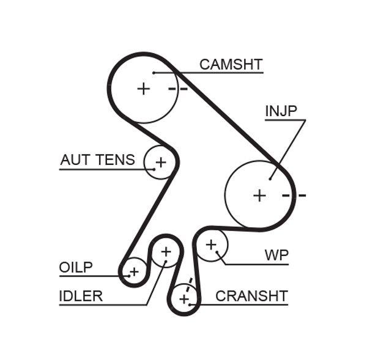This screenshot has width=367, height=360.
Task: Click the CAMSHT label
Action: pos(231,64)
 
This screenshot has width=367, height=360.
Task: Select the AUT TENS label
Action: pos(97,160)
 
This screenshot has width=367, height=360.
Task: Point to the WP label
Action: pos(276,254)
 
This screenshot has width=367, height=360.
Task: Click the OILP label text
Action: pos(76,268)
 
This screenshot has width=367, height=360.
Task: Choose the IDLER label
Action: pos(81,296)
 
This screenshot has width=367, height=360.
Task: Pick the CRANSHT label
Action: pos(251,296)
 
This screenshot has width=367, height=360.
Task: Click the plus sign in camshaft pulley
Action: pos(143,89)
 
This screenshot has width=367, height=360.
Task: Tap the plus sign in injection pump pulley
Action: pos(260,196)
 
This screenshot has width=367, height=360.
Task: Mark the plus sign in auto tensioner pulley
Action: pos(160,163)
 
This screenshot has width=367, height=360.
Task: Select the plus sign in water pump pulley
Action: pos(211,245)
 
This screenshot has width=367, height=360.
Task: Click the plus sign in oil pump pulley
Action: pos(134,271)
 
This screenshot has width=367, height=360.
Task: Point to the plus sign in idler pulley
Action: pos(166,251)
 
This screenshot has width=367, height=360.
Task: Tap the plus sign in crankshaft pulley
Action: pos(184,299)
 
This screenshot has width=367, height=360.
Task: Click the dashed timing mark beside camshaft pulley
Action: pos(178,89)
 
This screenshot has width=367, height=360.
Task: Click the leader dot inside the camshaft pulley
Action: pos(155,73)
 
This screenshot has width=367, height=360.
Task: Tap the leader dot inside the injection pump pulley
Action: pos(270,178)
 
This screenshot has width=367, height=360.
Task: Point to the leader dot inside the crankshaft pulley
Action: pos(191,304)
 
